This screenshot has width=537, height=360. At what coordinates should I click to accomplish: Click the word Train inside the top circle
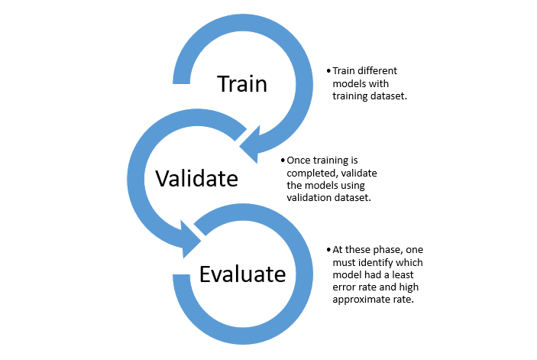242,83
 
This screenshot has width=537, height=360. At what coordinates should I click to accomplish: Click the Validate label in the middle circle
196,178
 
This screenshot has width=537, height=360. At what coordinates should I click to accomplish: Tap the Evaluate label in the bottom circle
242,273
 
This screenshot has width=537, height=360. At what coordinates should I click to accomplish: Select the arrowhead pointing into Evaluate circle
192,237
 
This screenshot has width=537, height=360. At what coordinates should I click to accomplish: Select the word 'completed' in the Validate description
309,173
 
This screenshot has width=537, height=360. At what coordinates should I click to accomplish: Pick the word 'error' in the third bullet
345,287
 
